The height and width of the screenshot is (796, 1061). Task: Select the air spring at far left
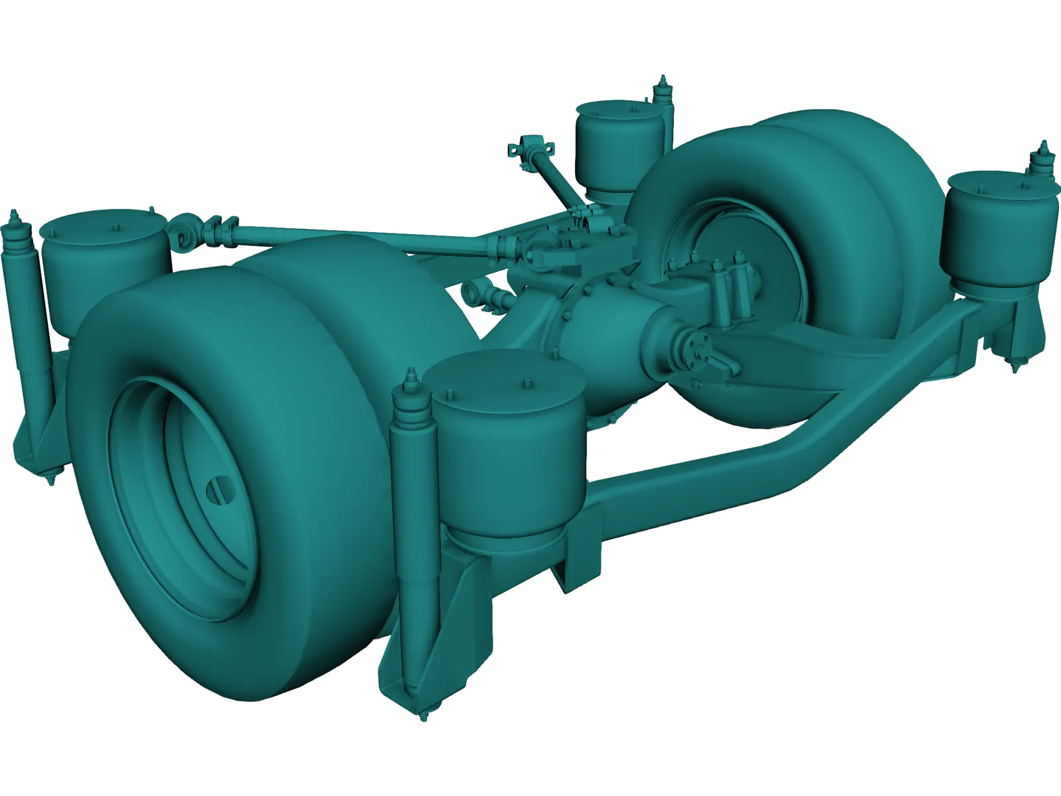[x=106, y=265]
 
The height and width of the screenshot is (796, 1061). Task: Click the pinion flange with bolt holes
[x=693, y=350]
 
